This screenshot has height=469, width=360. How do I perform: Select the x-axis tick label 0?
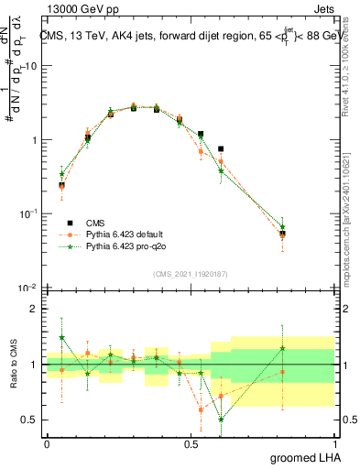point(47,442)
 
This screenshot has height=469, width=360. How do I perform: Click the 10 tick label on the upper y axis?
point(29,66)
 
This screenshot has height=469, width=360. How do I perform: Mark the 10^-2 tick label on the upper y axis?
point(27,288)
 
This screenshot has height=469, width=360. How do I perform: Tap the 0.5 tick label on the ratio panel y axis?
point(29,420)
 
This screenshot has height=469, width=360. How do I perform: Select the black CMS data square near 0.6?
point(221,148)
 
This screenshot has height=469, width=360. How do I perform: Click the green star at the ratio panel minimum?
point(221,420)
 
